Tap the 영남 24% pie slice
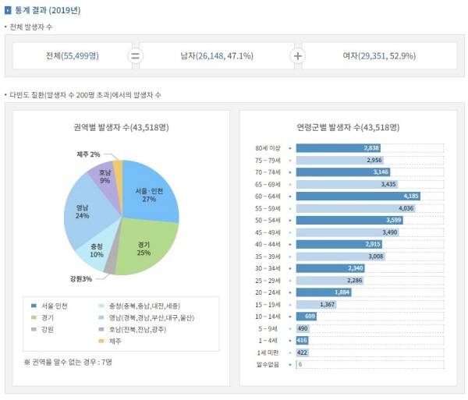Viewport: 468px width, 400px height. [83, 212]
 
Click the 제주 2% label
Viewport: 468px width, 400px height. [88, 154]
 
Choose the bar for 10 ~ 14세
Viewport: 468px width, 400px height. [307, 317]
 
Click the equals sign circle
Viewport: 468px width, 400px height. [135, 55]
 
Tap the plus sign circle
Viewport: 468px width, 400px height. [297, 55]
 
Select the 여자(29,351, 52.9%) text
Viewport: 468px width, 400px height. [378, 55]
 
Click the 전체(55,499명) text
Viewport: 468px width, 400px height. [73, 55]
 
